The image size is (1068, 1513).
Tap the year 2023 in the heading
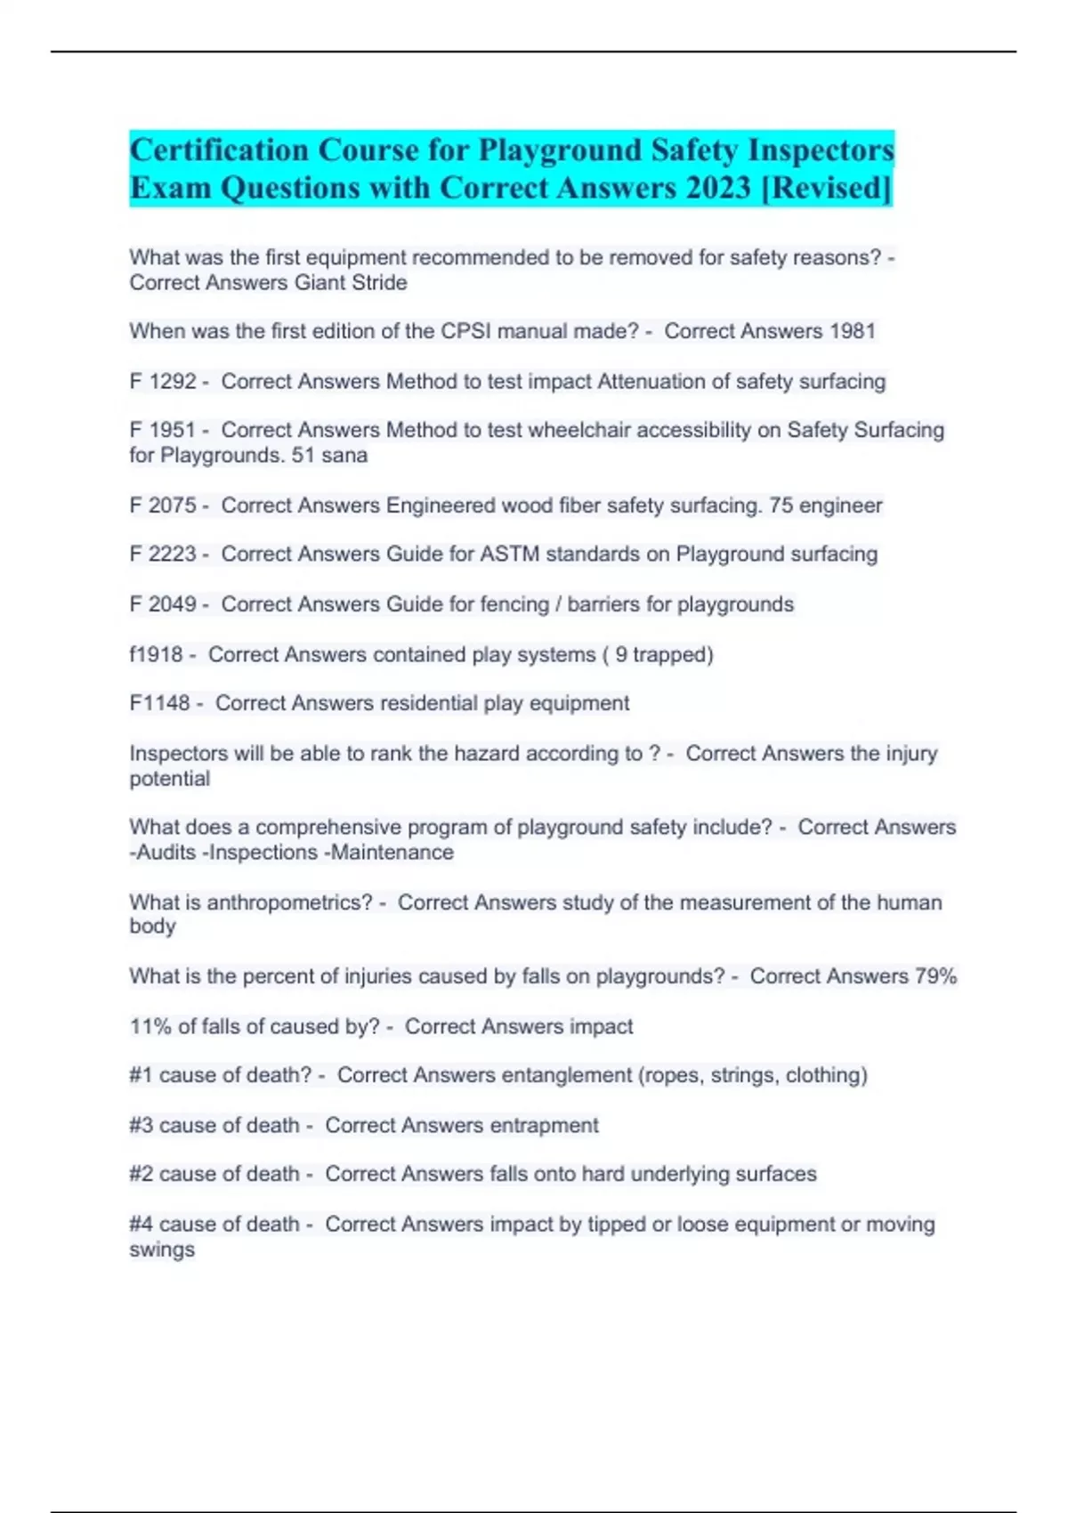719,188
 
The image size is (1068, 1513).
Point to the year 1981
852,331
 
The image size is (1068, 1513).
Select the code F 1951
163,430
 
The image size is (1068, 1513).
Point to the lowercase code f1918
156,655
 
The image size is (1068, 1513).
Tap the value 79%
935,976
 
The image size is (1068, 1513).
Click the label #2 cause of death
214,1174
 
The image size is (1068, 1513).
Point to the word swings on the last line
162,1250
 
